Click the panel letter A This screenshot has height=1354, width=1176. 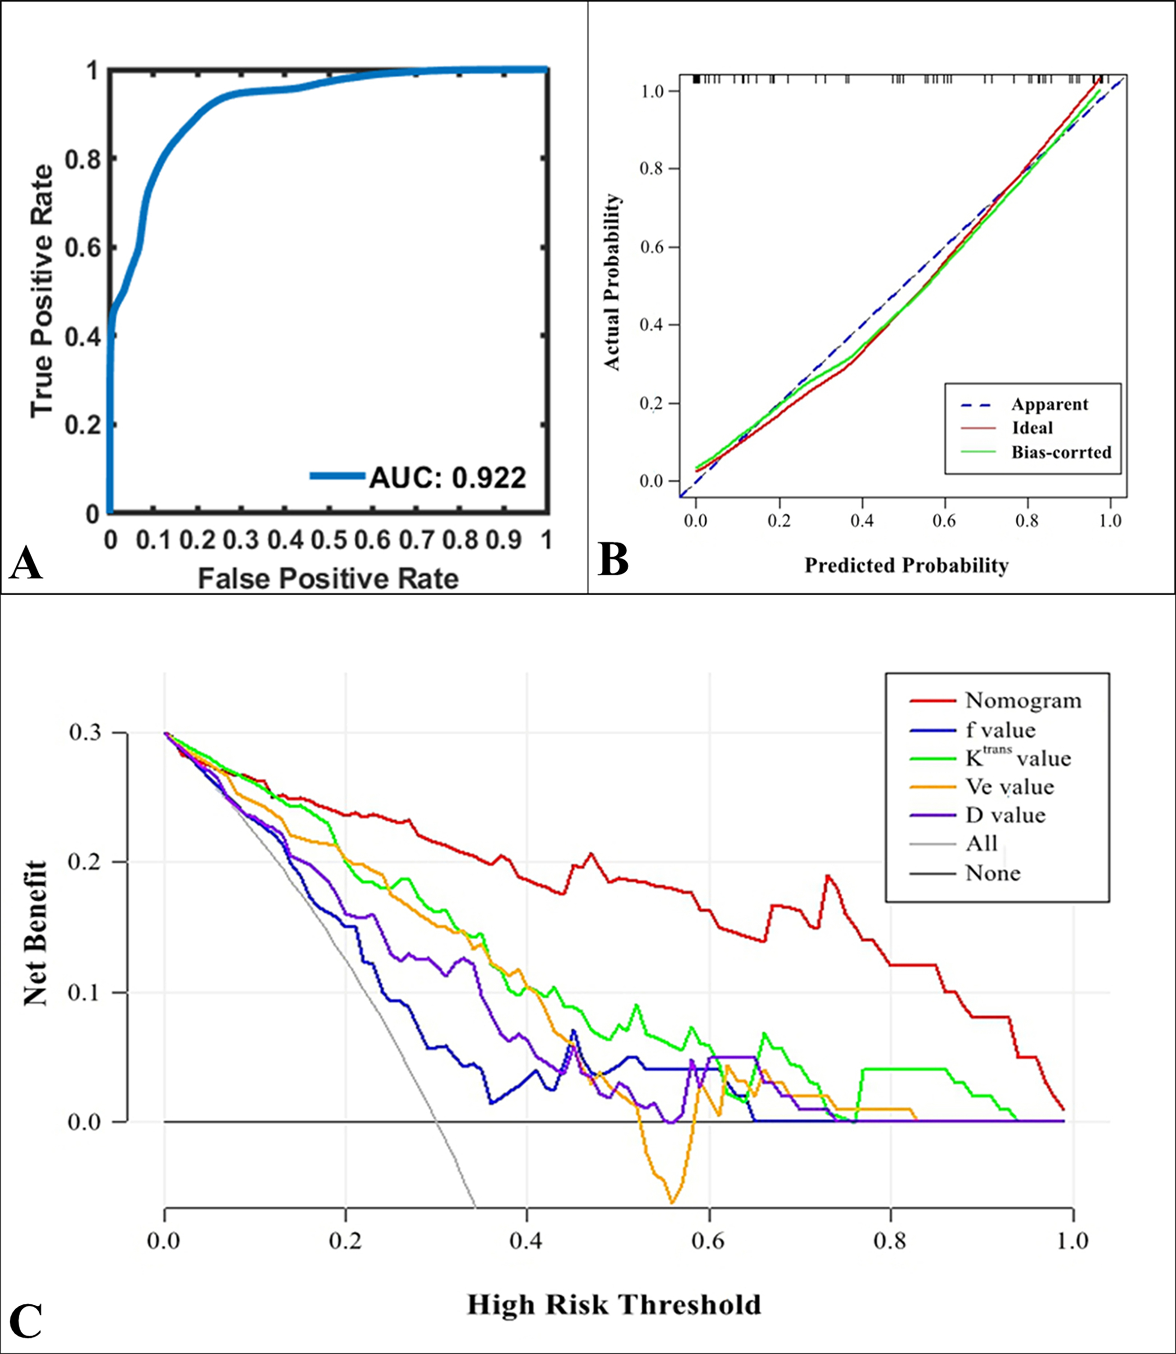[26, 563]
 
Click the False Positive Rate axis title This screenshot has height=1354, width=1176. [328, 579]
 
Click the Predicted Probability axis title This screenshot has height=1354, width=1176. [906, 566]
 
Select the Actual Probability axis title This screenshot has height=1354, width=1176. [612, 283]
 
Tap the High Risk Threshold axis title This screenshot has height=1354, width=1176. [613, 1304]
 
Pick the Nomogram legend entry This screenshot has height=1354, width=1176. [1023, 700]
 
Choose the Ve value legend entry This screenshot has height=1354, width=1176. [1009, 787]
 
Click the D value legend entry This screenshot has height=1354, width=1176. [1005, 816]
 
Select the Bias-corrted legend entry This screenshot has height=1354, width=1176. [1061, 452]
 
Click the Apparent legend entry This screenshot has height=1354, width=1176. [1049, 404]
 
